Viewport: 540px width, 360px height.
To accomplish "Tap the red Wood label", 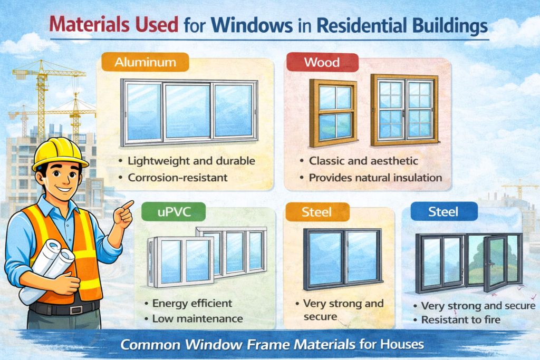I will [322, 63].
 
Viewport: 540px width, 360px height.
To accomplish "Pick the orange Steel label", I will [316, 213].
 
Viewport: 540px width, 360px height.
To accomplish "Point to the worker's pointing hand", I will [124, 213].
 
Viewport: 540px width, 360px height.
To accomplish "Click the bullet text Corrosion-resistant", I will [177, 178].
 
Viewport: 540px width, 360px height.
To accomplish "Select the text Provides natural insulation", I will [375, 178].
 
